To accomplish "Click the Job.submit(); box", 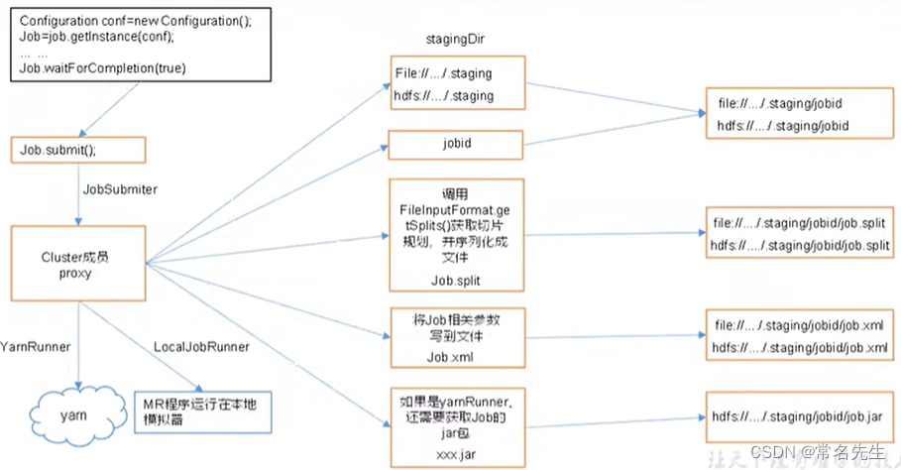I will pyautogui.click(x=77, y=150).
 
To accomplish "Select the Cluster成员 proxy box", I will pyautogui.click(x=77, y=264).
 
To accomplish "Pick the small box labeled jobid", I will pyautogui.click(x=456, y=144).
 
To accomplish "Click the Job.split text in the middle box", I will pyautogui.click(x=455, y=281).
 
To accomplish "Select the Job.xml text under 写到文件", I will pyautogui.click(x=455, y=357).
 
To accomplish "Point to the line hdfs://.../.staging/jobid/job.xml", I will pyautogui.click(x=800, y=347).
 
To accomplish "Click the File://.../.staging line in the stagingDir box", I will pyautogui.click(x=443, y=73).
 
